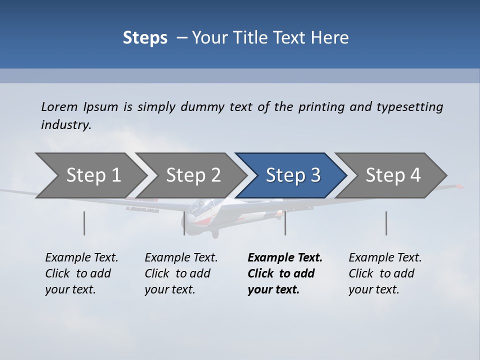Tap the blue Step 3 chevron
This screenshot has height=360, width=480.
point(292,175)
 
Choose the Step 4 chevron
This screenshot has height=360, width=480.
point(393,175)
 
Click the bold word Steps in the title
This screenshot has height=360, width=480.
point(145,38)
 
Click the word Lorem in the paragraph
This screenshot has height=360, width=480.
point(59,107)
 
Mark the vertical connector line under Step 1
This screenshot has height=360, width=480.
point(84,223)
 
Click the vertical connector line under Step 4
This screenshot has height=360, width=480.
point(386,223)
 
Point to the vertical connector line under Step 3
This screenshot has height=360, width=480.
point(285,223)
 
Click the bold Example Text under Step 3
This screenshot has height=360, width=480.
point(285,258)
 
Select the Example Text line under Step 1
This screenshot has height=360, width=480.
point(81,258)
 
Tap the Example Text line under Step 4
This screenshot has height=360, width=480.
point(385,258)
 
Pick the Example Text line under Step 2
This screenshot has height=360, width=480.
point(181,258)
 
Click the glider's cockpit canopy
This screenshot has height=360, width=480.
point(205,205)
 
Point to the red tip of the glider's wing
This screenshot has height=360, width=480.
point(458,186)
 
